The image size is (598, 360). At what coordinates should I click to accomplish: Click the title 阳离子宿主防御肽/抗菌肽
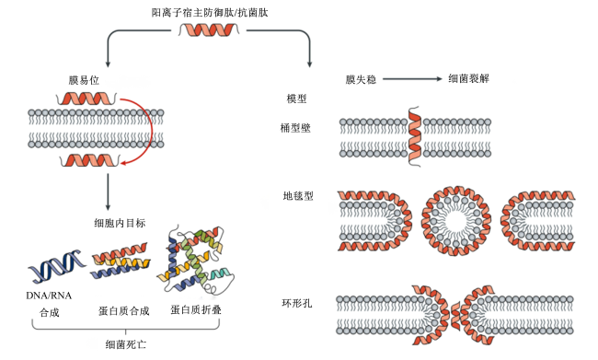210,13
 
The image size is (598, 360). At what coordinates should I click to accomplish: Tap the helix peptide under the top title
209,29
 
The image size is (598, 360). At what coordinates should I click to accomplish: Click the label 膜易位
84,80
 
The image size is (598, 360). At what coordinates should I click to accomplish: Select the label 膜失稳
361,79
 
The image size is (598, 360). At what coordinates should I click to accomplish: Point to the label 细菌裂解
468,78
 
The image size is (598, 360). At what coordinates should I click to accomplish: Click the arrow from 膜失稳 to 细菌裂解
412,79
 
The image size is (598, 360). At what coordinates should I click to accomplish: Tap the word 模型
296,99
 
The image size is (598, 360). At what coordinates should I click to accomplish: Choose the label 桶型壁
295,127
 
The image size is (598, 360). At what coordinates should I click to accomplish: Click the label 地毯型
298,196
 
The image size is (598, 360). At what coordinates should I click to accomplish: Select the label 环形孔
297,303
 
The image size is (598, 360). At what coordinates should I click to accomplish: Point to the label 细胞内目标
120,223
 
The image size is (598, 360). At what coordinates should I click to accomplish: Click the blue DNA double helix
56,266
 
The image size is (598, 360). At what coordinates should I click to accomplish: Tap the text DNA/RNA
49,296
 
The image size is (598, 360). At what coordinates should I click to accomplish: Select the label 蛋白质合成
123,311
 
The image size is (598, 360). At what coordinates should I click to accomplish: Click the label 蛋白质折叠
196,309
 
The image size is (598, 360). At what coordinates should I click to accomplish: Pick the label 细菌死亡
125,344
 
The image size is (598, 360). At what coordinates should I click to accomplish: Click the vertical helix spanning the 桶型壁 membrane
415,136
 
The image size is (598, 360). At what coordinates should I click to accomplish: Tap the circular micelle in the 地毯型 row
456,221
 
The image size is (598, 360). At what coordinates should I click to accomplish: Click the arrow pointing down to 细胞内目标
108,192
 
